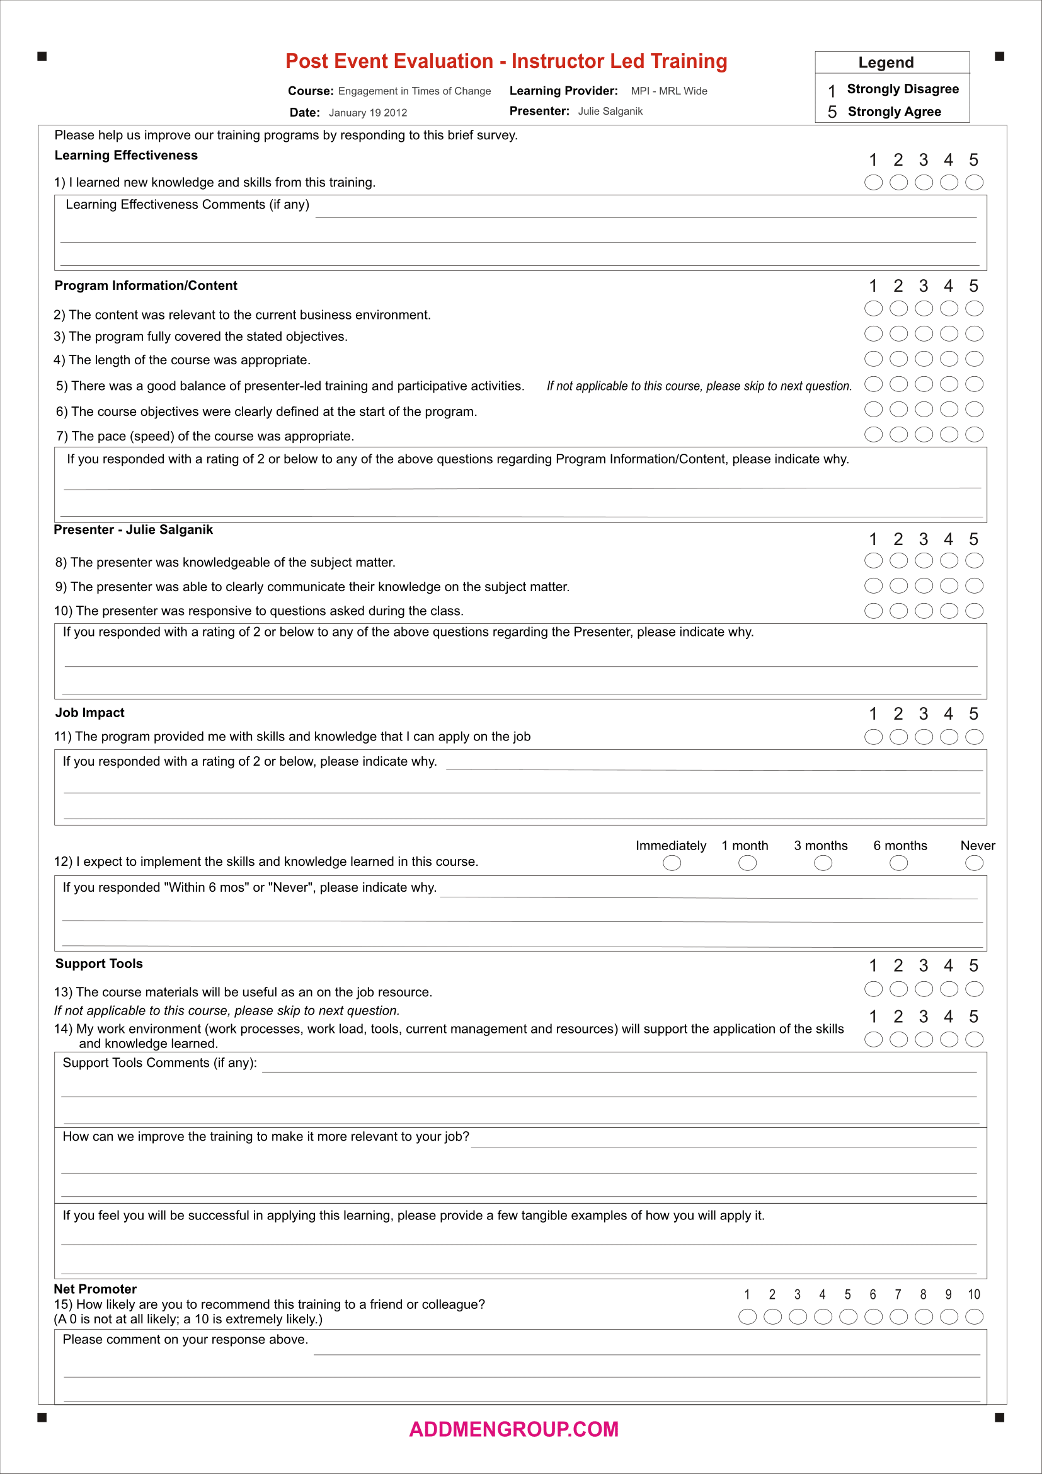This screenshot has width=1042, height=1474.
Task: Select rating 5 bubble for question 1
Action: tap(974, 183)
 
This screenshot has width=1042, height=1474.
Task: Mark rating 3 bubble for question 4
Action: tap(924, 359)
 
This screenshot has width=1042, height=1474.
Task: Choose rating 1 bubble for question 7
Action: tap(873, 435)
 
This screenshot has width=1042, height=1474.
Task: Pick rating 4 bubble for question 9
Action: tap(948, 585)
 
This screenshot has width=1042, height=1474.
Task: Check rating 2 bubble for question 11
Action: tap(898, 737)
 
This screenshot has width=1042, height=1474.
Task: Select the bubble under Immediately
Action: tap(672, 863)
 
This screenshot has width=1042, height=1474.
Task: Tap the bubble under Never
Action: tap(974, 863)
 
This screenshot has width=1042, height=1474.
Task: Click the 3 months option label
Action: tap(821, 846)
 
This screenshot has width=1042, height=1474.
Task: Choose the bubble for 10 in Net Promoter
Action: tap(974, 1317)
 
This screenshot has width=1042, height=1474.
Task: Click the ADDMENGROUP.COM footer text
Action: tap(513, 1430)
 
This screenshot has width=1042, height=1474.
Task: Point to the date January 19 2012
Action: tap(368, 113)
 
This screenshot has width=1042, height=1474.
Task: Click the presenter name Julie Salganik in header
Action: tap(610, 112)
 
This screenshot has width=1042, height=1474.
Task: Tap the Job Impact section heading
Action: tap(90, 713)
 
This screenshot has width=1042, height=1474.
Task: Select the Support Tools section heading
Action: tap(99, 964)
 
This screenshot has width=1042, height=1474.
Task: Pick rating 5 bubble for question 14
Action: tap(974, 1039)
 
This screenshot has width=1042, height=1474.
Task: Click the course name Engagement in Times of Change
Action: tap(415, 91)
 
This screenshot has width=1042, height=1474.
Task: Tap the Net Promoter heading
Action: tap(95, 1289)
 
